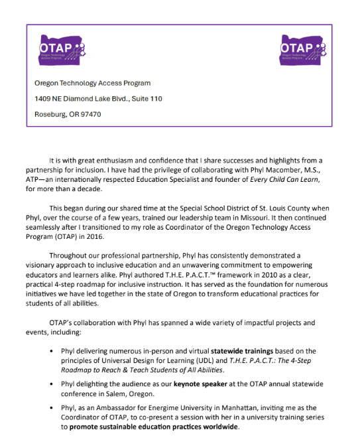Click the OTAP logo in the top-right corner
(302, 50)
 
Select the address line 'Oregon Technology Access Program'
(92, 84)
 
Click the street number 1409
(42, 99)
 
